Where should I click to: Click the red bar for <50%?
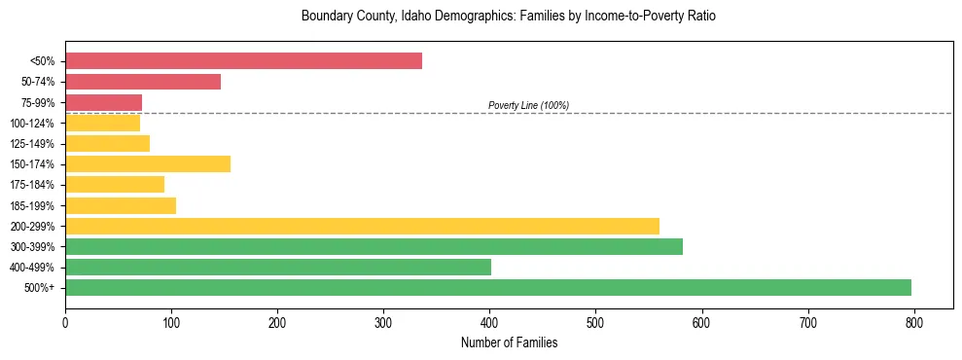243,61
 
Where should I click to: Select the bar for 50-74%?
143,82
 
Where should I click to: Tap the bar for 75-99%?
103,102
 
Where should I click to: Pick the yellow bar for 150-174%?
148,163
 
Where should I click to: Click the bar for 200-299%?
362,226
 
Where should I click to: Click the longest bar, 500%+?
487,287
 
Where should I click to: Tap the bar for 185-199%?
121,205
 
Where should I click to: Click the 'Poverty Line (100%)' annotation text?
528,105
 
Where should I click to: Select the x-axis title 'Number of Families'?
509,342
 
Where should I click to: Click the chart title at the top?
509,17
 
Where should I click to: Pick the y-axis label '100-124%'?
32,124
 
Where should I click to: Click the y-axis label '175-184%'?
32,185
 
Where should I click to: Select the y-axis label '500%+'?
40,288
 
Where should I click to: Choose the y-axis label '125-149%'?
32,144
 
